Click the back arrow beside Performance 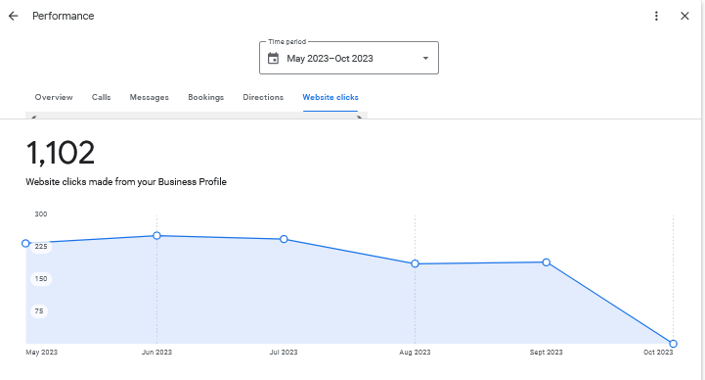point(14,17)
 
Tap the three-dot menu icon point(657,17)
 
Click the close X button point(684,17)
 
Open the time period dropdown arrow point(425,59)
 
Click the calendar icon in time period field point(273,59)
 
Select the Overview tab point(54,98)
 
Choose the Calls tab point(102,98)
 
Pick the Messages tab point(150,98)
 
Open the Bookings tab point(206,98)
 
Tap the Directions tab point(263,98)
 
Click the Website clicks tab point(330,98)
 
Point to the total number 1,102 point(61,153)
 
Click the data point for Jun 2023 point(156,236)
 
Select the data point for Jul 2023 point(284,239)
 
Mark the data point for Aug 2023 point(415,263)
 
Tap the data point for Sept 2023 point(546,262)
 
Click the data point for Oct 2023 point(674,344)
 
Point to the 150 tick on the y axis point(41,279)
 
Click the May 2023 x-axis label point(41,353)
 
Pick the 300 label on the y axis point(41,214)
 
